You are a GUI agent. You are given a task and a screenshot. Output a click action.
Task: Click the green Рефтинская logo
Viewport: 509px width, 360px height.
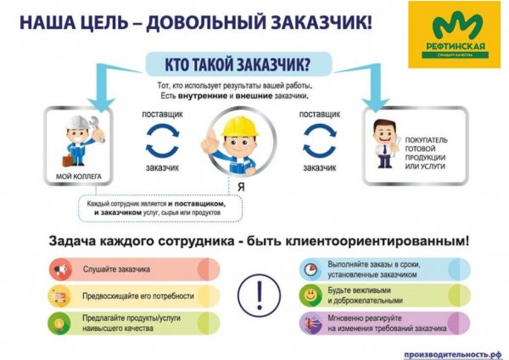tap(456, 35)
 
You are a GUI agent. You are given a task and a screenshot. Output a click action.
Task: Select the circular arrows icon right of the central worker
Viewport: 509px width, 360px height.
tap(320, 142)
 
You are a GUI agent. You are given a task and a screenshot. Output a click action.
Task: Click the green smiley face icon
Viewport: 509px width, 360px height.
tap(311, 295)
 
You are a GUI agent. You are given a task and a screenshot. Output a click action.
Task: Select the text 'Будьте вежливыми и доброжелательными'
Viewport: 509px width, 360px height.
tap(366, 297)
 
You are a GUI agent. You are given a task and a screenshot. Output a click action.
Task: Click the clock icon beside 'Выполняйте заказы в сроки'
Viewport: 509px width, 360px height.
tap(311, 270)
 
